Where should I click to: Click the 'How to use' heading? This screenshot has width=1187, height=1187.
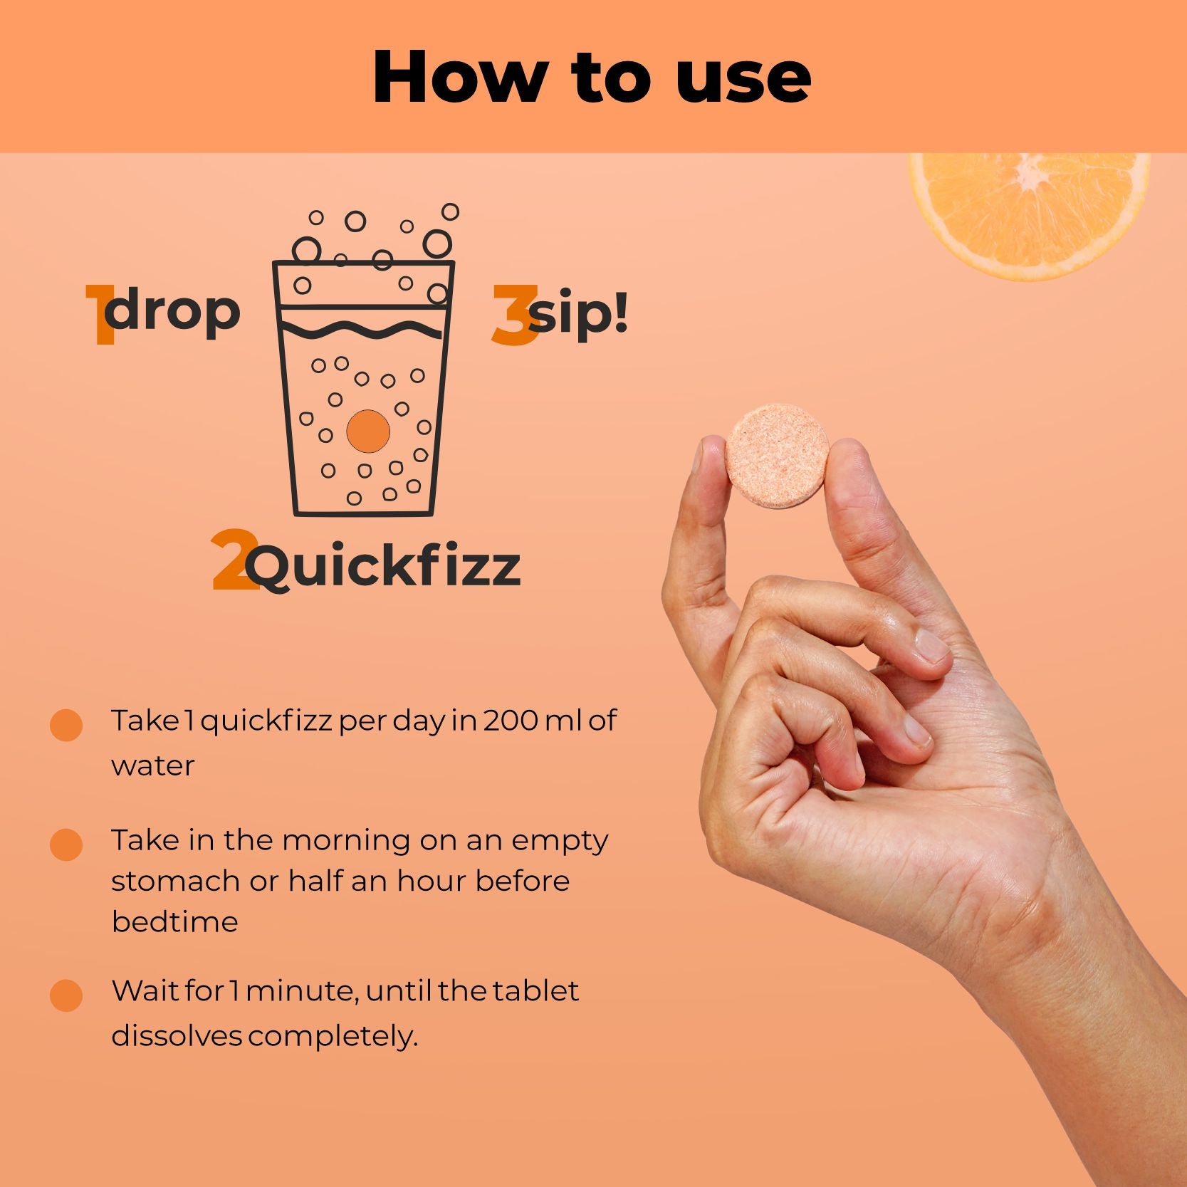click(592, 77)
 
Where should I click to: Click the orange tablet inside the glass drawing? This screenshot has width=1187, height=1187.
click(368, 431)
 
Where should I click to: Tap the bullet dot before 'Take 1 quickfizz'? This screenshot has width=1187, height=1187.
click(66, 725)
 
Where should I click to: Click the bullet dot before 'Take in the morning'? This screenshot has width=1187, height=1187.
click(66, 845)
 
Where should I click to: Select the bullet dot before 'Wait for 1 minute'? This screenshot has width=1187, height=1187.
click(66, 995)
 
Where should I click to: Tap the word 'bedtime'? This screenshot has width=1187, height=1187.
click(174, 921)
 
